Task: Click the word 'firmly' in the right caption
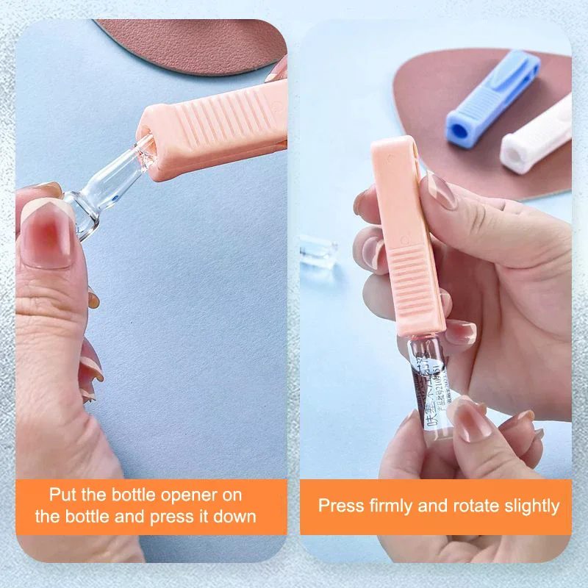[x=394, y=506]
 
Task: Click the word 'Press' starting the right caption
[x=341, y=506]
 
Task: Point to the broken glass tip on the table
[x=318, y=254]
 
